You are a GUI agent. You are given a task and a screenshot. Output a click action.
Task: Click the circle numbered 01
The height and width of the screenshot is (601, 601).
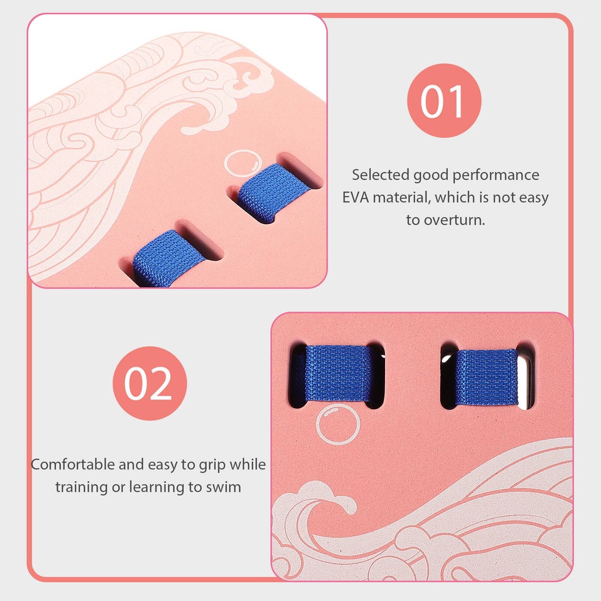(444, 100)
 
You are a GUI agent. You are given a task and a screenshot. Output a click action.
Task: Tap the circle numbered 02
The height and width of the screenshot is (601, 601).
(150, 383)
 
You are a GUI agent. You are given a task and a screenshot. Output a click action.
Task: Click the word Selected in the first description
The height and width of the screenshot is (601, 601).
(380, 175)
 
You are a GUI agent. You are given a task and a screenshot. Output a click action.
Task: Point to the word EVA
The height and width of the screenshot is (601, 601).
(356, 197)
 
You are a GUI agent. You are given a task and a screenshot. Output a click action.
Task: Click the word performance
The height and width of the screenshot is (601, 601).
(496, 175)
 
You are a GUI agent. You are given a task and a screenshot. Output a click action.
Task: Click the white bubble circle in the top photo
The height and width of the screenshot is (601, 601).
(243, 164)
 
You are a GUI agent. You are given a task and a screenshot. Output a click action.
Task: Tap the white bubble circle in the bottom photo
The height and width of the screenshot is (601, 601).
(338, 425)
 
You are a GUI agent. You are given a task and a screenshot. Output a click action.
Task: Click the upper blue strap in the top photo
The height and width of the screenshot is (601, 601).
(273, 193)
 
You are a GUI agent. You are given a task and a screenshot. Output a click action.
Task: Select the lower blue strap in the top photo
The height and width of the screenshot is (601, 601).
(168, 258)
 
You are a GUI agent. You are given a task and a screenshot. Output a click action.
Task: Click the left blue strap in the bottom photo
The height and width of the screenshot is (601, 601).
(338, 373)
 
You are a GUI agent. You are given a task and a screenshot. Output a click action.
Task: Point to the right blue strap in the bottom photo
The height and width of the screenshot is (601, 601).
(486, 377)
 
